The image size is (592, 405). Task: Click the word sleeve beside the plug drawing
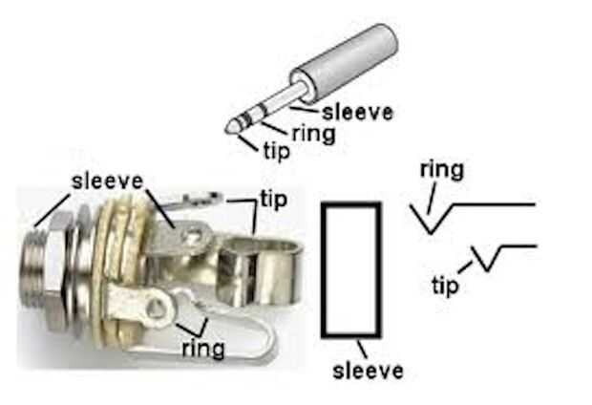(357, 112)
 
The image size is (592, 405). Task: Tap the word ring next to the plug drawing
(312, 133)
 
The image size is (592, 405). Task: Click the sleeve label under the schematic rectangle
(368, 369)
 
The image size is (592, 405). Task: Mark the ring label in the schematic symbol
(441, 171)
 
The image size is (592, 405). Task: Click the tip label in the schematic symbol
(445, 285)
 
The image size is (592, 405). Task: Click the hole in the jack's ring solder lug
(154, 308)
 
